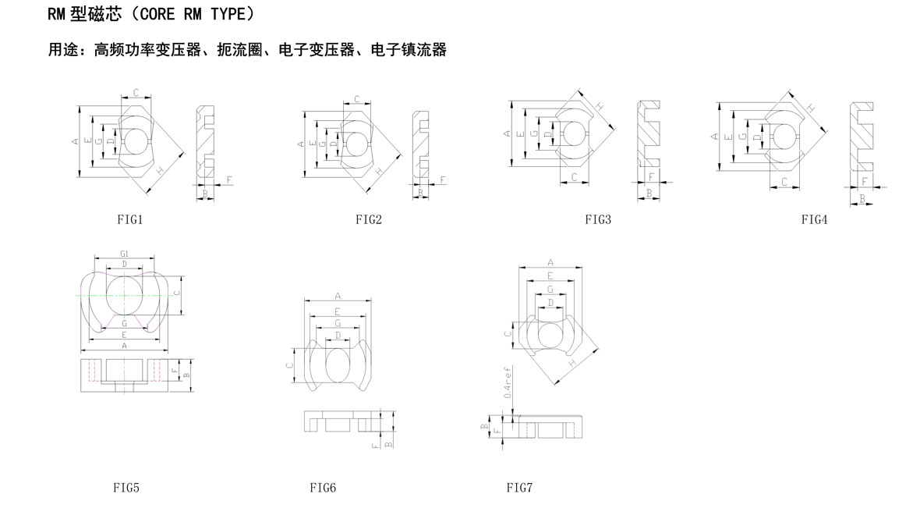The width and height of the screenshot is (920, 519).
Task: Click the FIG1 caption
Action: [129, 220]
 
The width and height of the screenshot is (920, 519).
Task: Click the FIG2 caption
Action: [369, 220]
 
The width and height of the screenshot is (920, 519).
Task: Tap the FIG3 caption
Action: [598, 220]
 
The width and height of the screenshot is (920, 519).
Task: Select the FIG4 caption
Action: [814, 220]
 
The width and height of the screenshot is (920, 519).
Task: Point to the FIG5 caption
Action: [126, 489]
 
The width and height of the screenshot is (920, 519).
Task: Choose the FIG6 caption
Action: [323, 489]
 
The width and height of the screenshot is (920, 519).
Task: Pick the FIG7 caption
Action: [519, 489]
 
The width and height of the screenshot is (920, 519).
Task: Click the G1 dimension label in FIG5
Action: [125, 254]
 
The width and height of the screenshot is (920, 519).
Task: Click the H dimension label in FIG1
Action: [160, 170]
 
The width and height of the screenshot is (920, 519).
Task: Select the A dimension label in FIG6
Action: [338, 296]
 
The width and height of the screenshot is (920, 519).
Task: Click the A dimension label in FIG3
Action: [508, 134]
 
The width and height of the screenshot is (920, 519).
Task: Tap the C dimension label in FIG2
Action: [356, 99]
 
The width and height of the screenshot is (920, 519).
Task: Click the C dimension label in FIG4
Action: [784, 182]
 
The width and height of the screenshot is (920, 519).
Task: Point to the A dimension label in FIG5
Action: [125, 345]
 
